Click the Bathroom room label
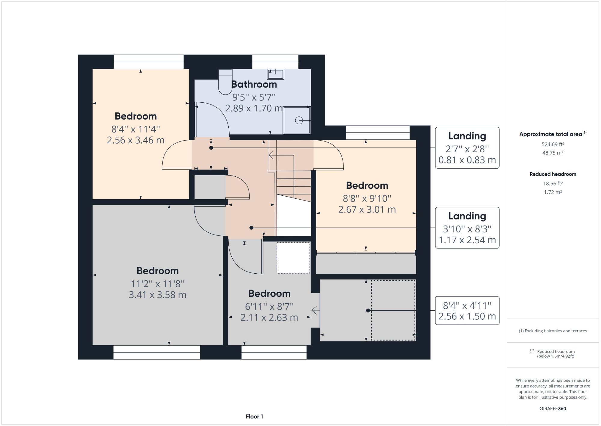[x=254, y=85]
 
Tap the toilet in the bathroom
[x=225, y=82]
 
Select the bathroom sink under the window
[x=276, y=74]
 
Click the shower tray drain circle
[x=299, y=120]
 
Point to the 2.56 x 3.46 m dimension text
[x=136, y=140]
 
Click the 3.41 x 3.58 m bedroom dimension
[x=157, y=295]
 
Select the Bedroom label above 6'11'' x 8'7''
[x=269, y=294]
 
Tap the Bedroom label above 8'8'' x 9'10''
[x=367, y=185]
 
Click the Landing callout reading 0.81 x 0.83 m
[x=467, y=148]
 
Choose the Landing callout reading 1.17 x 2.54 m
[x=467, y=228]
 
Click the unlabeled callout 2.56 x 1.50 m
[x=467, y=311]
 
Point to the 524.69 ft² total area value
[x=553, y=144]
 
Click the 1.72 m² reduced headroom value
[x=553, y=192]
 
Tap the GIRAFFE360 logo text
[x=553, y=409]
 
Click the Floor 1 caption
[x=254, y=417]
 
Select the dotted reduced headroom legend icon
[x=532, y=351]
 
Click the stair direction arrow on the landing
[x=271, y=155]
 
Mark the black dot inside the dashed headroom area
[x=368, y=310]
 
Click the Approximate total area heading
[x=553, y=134]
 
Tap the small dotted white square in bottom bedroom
[x=293, y=258]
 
